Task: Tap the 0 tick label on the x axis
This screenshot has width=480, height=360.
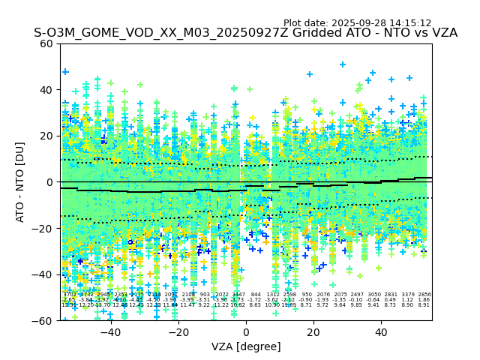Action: [246, 333]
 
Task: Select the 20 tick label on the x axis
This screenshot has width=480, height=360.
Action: [313, 333]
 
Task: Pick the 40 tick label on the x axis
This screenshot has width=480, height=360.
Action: [381, 333]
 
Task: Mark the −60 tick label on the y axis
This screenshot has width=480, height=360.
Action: [43, 320]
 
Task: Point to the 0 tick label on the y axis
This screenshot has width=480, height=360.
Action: [50, 182]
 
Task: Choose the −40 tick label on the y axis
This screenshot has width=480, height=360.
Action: [43, 274]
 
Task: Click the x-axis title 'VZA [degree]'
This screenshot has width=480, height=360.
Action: [246, 346]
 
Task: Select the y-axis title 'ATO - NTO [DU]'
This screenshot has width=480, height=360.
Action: [20, 182]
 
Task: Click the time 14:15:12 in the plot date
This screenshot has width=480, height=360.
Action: [410, 23]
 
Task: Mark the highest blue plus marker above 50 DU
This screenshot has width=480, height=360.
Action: [343, 64]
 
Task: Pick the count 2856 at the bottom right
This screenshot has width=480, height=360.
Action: [424, 295]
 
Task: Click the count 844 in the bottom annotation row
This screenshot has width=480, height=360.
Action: [256, 295]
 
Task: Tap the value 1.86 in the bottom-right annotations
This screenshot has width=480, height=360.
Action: [424, 300]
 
